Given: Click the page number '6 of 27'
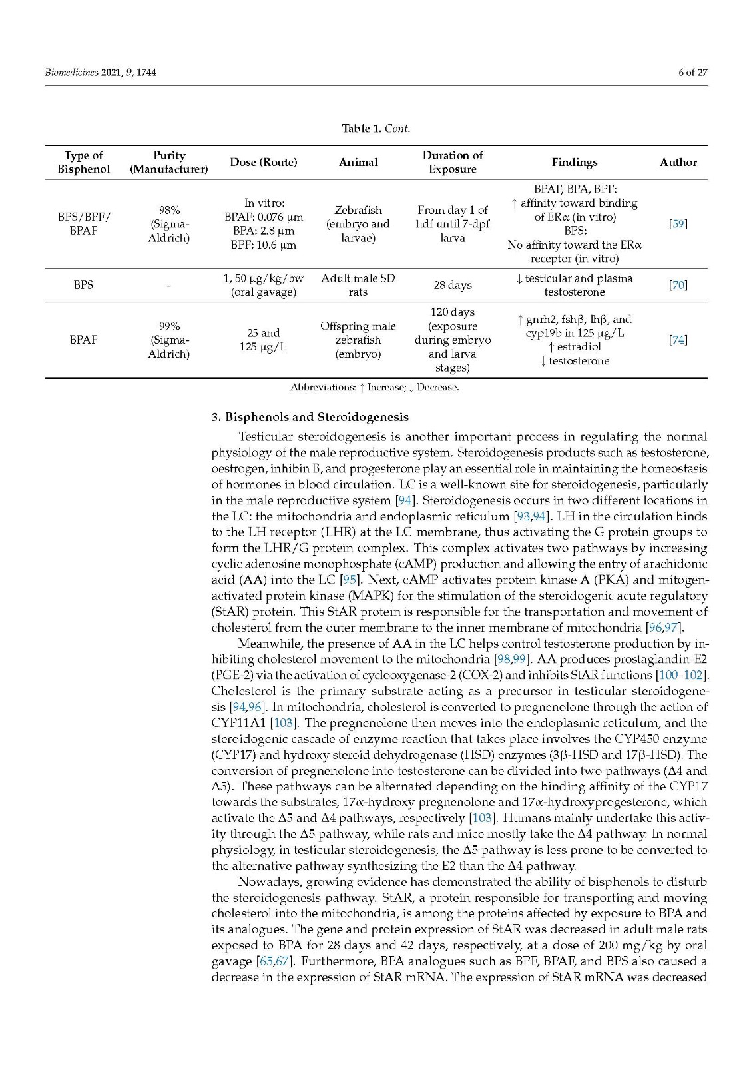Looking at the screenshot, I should point(692,72).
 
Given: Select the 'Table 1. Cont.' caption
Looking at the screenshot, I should point(376,128).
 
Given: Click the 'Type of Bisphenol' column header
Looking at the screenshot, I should point(83,162).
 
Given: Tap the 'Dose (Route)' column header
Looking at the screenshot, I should point(263,162).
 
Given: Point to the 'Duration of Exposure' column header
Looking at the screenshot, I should point(452,162).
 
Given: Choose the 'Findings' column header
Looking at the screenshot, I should point(574,162).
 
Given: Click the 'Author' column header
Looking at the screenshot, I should point(678,162).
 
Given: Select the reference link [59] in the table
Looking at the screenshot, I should point(678,224).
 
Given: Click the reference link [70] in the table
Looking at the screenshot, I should point(678,285).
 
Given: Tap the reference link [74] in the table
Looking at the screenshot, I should point(678,340).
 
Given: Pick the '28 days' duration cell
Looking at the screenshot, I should point(452,285).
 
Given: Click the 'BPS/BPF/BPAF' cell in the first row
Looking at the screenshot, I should point(83,224).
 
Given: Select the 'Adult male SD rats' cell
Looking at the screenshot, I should point(358,285).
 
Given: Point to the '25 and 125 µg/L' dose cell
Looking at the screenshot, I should point(263,340).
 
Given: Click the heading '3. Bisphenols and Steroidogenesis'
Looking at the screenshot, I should point(310,417).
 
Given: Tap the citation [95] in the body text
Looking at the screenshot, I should point(350,580).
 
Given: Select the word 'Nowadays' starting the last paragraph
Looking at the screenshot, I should point(262,882).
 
